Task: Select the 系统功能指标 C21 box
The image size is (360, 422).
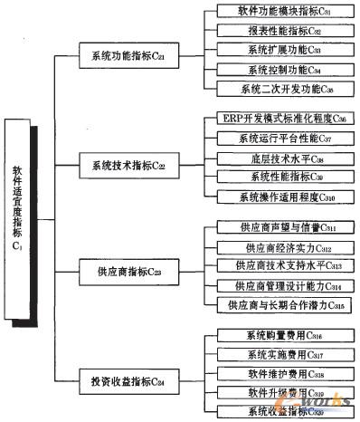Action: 129,56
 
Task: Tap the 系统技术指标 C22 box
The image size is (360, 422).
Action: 129,166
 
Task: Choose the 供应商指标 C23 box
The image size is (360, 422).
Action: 129,272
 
